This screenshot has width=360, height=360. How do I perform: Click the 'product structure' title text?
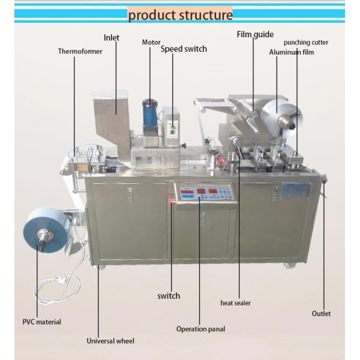pos(180,14)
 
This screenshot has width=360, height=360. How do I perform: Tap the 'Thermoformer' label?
pos(80,52)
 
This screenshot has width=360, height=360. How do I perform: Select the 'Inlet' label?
pos(112,38)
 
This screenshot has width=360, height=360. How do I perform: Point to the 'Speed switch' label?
pos(183,49)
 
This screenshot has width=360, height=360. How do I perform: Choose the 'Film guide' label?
pos(255,34)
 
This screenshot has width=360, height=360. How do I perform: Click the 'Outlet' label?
pos(321,313)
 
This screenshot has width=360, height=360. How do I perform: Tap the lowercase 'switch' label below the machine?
pos(169,295)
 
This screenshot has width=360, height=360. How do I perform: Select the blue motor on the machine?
pos(148,112)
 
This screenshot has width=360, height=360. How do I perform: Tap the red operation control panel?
pos(203,193)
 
